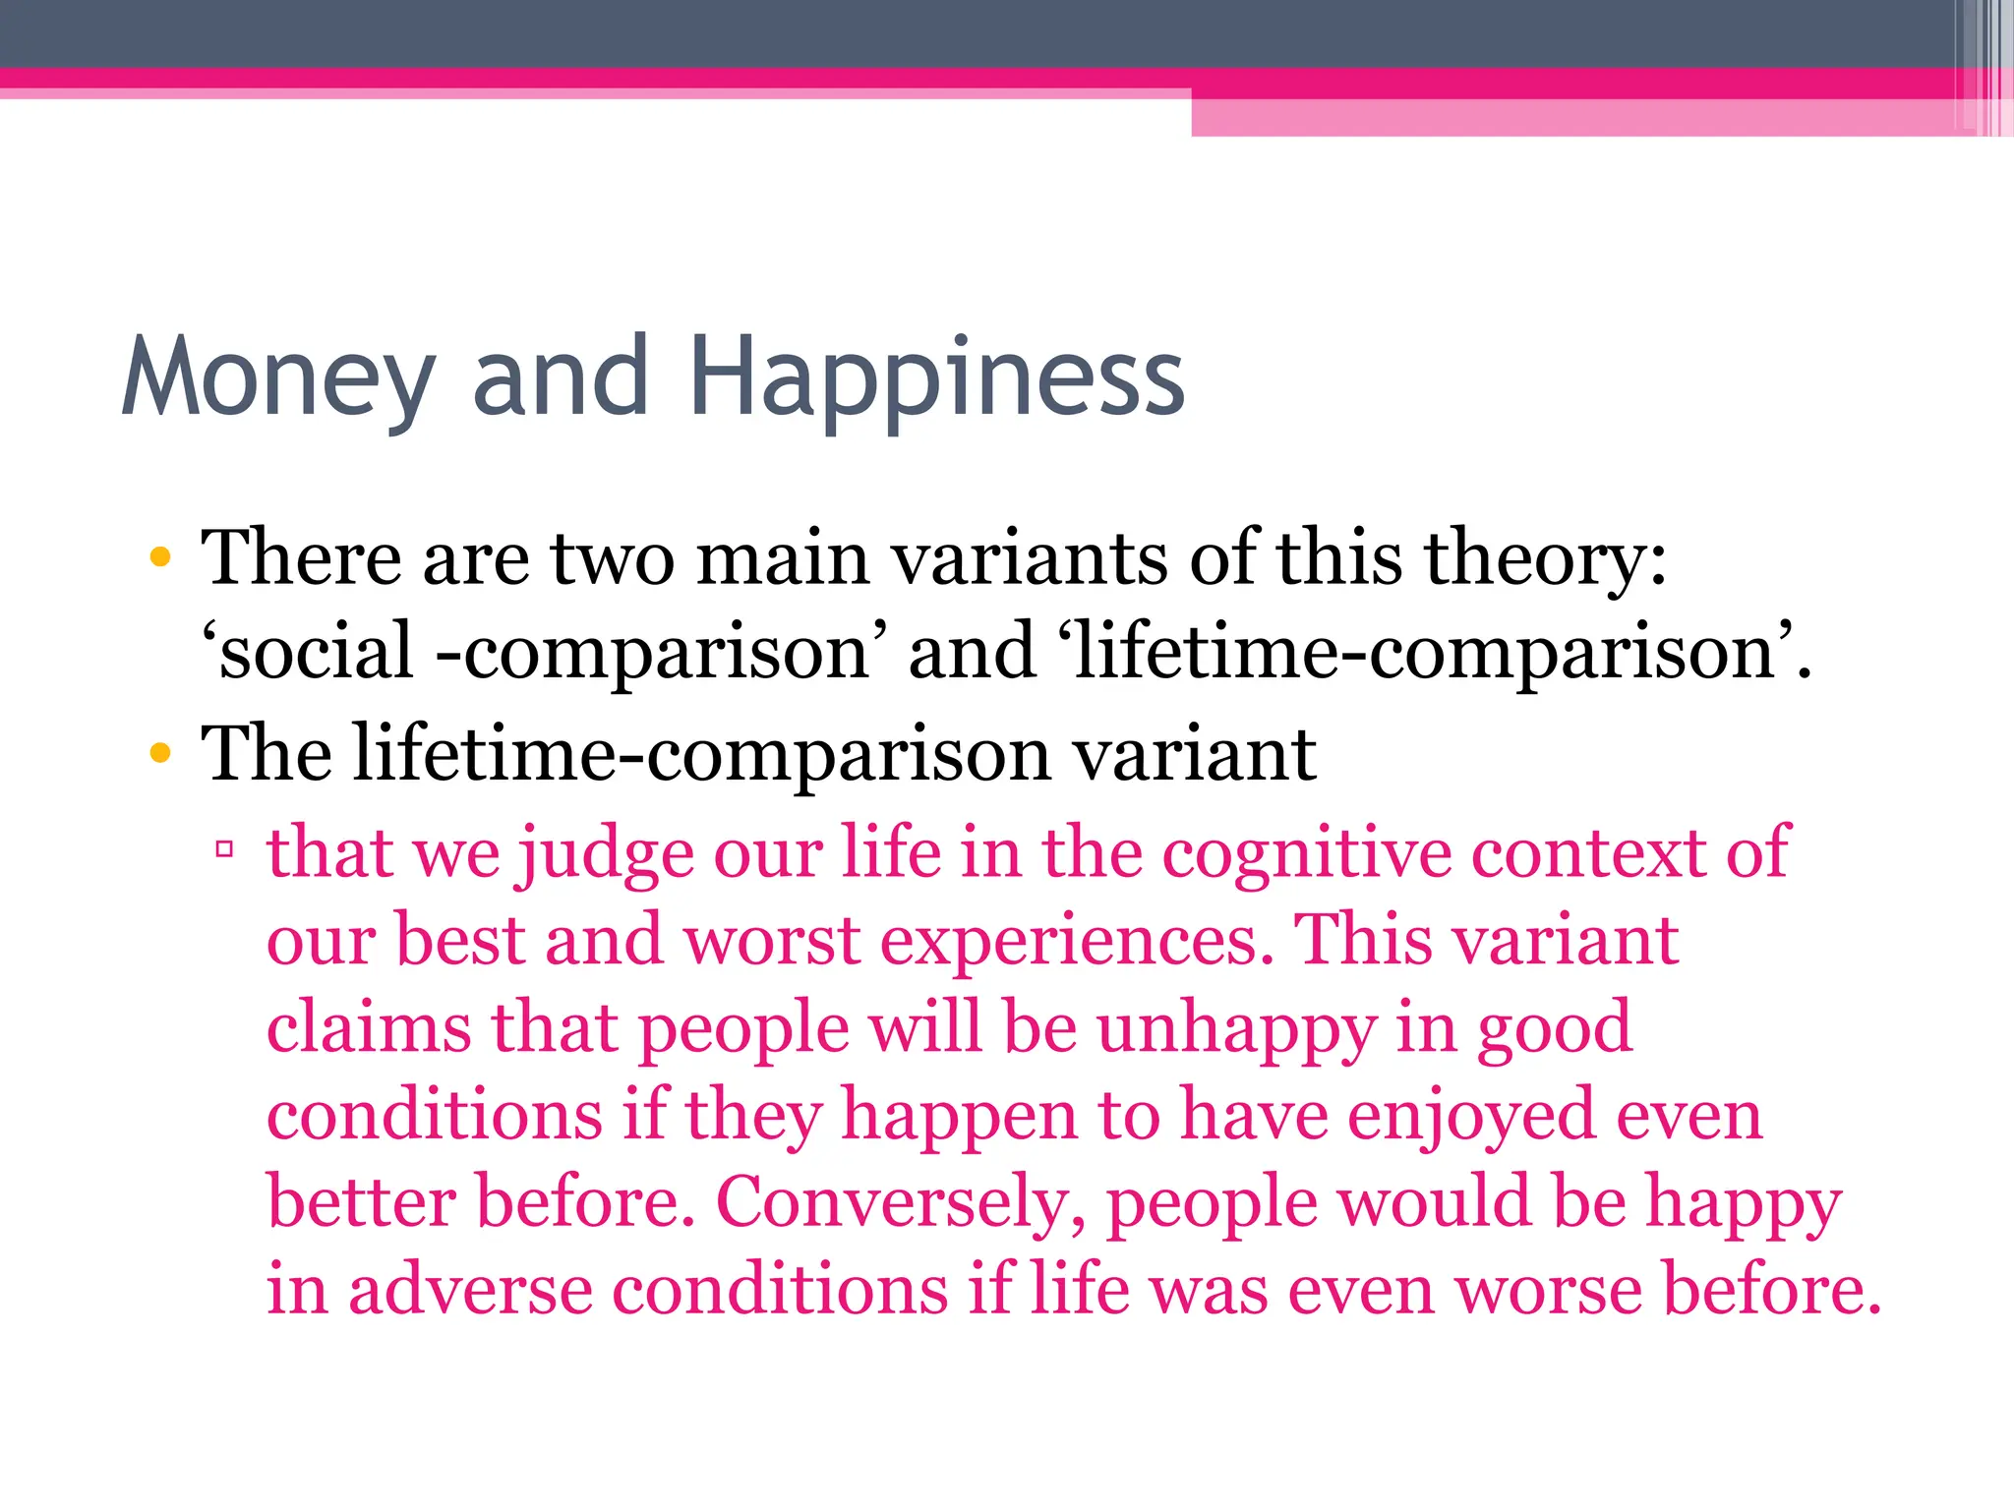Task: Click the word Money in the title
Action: (x=278, y=378)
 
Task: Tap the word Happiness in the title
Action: (x=936, y=378)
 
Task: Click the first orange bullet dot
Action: (x=160, y=559)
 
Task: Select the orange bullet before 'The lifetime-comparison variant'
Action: (x=160, y=754)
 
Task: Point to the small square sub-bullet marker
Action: (x=224, y=847)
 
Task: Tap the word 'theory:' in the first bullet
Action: (x=1546, y=557)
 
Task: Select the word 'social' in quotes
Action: (x=315, y=651)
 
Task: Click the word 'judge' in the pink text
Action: (x=606, y=852)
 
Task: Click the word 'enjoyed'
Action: (x=1471, y=1115)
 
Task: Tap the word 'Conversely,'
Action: (x=901, y=1201)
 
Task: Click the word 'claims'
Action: (x=370, y=1027)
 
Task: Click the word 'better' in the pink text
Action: (x=362, y=1201)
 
